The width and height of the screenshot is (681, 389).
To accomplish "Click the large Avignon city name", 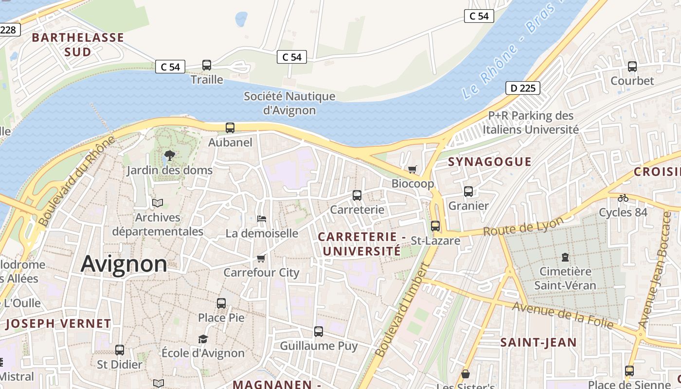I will tap(124, 264).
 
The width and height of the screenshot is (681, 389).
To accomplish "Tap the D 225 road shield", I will tap(523, 88).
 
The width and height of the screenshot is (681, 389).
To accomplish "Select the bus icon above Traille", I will tap(207, 65).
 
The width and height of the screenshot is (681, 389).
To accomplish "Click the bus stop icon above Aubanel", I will tap(230, 128).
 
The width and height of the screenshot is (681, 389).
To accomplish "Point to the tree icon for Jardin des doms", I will tap(170, 156).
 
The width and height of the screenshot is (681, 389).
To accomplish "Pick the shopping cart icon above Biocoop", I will tap(412, 169).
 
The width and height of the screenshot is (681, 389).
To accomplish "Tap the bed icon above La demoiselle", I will tap(262, 219).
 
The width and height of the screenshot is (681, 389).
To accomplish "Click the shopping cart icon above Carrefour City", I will tap(261, 258).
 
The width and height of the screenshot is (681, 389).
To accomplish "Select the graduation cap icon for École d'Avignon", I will tap(203, 339).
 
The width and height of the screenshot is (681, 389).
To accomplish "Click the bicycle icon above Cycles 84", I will tap(623, 198).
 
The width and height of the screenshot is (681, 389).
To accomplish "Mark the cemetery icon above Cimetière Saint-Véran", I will tap(565, 257).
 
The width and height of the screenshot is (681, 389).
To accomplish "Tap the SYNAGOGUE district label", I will tap(489, 162).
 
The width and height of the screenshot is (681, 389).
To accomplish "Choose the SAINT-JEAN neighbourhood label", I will tap(538, 342).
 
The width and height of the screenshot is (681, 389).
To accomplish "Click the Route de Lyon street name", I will tap(523, 227).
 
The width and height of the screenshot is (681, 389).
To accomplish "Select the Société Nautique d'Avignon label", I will tap(289, 103).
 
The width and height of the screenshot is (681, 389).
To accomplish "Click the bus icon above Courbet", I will tap(632, 67).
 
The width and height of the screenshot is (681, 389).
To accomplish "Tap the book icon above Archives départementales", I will tap(158, 203).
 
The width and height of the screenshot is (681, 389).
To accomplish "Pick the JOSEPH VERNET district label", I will tap(58, 323).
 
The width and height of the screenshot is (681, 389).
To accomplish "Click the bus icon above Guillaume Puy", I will tap(319, 332).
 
